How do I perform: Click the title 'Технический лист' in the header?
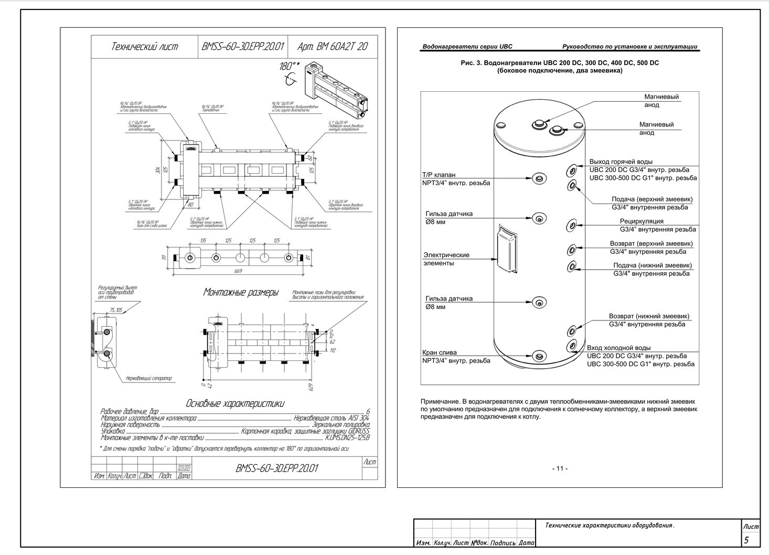pos(144,47)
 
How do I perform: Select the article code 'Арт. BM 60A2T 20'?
pos(333,47)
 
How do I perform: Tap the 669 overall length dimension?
pos(238,271)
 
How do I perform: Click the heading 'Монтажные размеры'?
pos(241,293)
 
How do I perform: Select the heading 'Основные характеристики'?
pos(235,403)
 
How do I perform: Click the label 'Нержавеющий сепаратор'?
pos(148,378)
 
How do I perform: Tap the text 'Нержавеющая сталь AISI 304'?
pos(331,418)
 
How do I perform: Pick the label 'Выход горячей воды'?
pos(621,162)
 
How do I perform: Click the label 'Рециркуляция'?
pos(641,221)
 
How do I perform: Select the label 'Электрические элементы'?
pos(446,259)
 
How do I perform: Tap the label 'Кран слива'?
pos(440,353)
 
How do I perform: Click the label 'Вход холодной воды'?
pos(618,348)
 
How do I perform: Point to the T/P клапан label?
pos(439,175)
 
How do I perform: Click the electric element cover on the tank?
pos(507,249)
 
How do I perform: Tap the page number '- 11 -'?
pos(560,468)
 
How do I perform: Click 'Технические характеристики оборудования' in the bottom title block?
pos(609,525)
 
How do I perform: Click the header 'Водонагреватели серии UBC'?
pos(467,47)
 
